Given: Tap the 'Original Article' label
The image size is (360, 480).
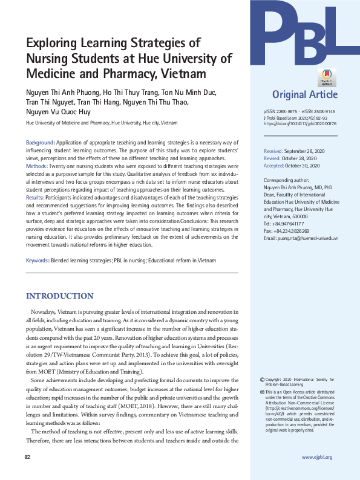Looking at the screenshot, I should (x=301, y=94).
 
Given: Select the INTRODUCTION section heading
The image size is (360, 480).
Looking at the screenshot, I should (x=59, y=296).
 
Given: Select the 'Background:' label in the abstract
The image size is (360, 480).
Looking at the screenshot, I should (x=41, y=141).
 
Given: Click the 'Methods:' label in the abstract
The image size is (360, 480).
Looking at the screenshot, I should (x=38, y=165).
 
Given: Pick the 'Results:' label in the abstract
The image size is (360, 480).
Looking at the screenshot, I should (x=34, y=197).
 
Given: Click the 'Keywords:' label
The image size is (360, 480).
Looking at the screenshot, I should (x=37, y=261).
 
